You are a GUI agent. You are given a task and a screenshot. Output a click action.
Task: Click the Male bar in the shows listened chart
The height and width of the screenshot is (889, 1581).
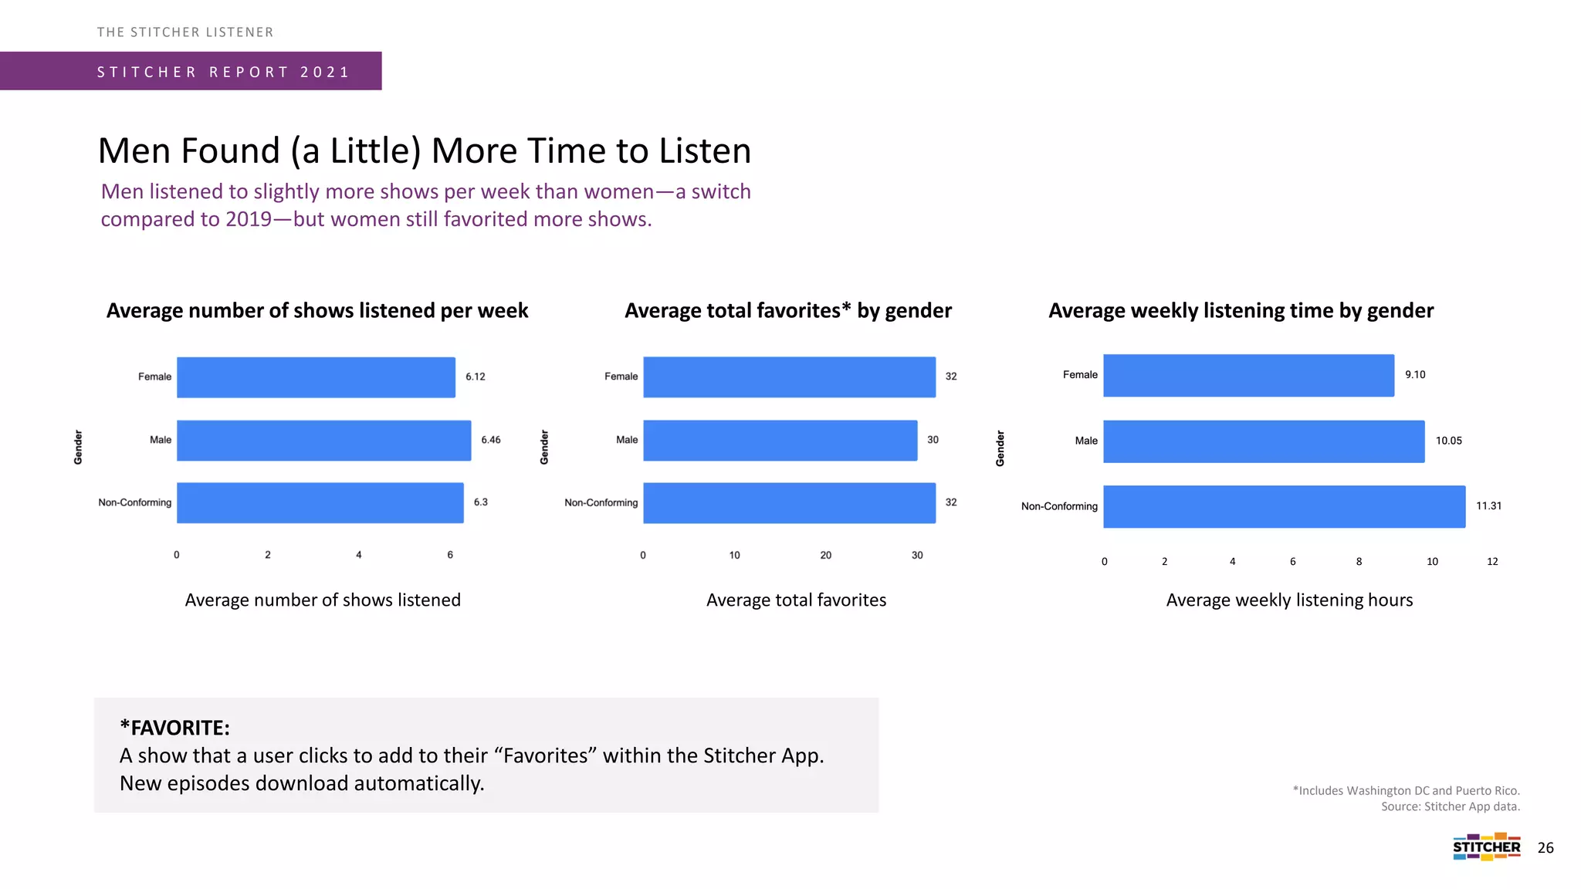[x=323, y=440]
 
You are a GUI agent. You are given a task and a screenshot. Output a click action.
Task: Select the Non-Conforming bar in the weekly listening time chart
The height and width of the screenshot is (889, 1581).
[x=1284, y=506]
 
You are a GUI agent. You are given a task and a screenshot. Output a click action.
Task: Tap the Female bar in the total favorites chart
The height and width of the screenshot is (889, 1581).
[x=789, y=377]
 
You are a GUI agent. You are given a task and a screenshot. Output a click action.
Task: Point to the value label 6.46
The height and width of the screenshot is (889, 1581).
[x=491, y=440]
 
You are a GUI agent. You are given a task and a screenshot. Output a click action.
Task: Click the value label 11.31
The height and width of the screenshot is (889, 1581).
[x=1488, y=506]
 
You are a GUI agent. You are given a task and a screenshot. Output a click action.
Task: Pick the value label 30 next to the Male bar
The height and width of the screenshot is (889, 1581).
[x=933, y=440]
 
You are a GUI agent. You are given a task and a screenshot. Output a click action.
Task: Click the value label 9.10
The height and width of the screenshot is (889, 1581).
[x=1415, y=375]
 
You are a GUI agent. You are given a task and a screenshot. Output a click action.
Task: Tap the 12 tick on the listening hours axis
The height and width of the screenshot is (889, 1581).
[x=1492, y=562]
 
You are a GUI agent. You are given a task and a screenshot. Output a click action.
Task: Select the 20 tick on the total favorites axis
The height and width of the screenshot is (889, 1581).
[x=825, y=556]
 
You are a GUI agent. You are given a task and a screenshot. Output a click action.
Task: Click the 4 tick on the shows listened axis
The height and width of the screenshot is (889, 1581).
[x=359, y=555]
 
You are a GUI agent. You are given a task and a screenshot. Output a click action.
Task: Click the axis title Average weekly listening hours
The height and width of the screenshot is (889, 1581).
[x=1289, y=600]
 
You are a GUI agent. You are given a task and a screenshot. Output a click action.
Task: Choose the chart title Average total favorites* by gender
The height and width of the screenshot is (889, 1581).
[x=787, y=310]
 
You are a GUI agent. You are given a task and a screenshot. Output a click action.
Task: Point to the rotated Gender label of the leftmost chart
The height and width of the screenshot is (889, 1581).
[x=78, y=448]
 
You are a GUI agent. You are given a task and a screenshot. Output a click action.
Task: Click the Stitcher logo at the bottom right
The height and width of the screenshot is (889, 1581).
[x=1486, y=847]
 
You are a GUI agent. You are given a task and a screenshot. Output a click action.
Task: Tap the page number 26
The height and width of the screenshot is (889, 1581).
[x=1545, y=848]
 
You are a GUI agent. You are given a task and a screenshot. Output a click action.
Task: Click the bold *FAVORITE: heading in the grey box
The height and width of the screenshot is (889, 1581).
[x=174, y=728]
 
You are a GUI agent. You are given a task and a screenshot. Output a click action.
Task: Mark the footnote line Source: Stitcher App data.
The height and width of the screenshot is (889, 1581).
[x=1450, y=806]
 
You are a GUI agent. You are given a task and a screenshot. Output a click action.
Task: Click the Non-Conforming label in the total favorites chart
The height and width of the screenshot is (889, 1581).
[x=601, y=502]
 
